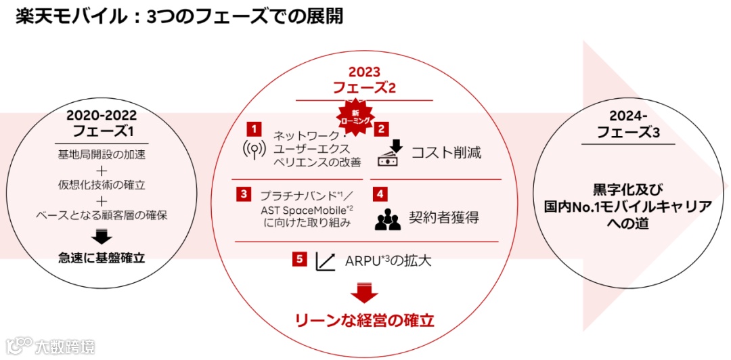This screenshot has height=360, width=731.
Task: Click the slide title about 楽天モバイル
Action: (179, 17)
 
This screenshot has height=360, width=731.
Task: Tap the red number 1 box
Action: (254, 127)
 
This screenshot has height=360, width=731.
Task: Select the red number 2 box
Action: (382, 127)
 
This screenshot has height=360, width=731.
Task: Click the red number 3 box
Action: (243, 194)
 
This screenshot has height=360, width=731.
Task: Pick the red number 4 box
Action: (382, 194)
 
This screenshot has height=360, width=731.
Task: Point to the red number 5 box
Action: (300, 259)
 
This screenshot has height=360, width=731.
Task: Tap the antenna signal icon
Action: (254, 150)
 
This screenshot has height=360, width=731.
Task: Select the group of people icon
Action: (388, 217)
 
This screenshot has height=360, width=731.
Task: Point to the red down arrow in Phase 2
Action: (365, 292)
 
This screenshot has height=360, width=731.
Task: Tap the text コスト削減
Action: (446, 152)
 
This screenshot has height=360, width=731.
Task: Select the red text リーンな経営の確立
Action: (364, 319)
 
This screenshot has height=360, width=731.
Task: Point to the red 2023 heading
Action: (364, 72)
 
